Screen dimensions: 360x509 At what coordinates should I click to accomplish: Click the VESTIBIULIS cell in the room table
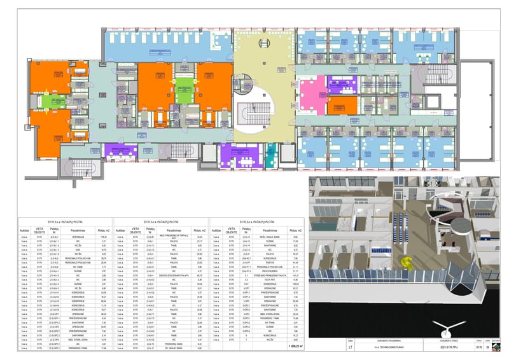(x=76, y=236)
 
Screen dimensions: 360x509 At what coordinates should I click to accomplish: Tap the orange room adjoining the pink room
(x=346, y=104)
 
